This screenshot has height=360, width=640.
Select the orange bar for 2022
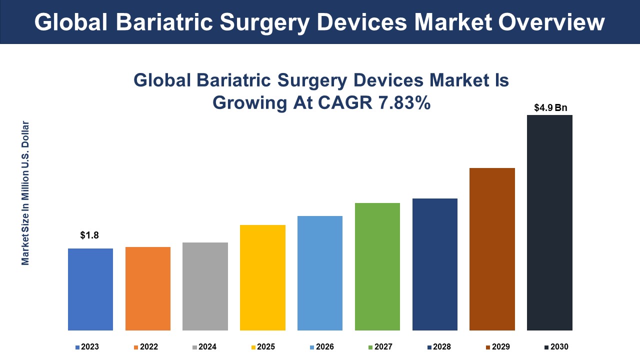pos(148,288)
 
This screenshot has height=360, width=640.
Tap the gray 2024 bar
pos(205,286)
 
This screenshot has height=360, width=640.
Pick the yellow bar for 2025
pos(262,277)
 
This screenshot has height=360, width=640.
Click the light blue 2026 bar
pos(320,273)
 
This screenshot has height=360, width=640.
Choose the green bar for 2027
pos(377,266)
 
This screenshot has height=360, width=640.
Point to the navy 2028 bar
pos(435,264)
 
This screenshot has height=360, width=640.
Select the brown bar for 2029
pos(492,249)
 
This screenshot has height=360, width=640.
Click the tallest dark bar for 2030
pos(549,222)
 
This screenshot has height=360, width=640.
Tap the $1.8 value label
pos(89,235)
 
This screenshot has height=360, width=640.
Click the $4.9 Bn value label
pos(550,107)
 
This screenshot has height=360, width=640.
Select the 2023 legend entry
pos(87,346)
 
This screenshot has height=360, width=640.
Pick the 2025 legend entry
pos(262,346)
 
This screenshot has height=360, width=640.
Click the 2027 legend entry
pos(380,346)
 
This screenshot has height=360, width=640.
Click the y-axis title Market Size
pos(25,193)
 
